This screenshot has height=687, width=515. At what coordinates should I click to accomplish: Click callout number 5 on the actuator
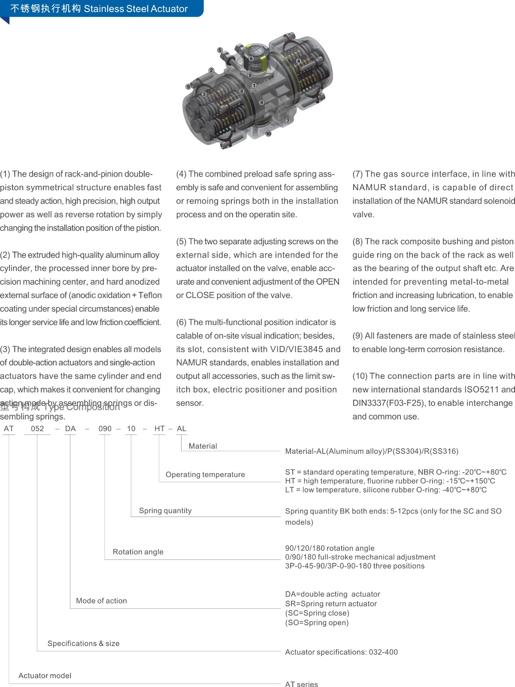coord(220,50)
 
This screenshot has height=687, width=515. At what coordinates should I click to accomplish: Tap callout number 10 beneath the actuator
coord(268,134)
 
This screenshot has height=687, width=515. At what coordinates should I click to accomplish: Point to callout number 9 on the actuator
coord(188,87)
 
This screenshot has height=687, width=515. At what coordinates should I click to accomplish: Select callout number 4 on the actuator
coord(299,61)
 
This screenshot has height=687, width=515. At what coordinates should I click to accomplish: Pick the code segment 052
coord(37,429)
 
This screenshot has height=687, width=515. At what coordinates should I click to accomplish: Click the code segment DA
coord(70,429)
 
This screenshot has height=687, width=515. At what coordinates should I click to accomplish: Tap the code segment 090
coord(105,429)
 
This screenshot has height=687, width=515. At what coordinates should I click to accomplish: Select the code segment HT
coord(160,429)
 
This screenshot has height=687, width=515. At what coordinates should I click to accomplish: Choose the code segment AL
coord(182,429)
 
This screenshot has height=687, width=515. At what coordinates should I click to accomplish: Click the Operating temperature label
coord(205,474)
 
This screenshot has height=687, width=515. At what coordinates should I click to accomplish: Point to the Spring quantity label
coord(165,511)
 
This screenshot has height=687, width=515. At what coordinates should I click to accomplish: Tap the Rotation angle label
coord(138,552)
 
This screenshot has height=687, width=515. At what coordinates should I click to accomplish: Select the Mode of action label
coord(101,601)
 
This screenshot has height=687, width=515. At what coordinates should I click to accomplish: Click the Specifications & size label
coord(83,643)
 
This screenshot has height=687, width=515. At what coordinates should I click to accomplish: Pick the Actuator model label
coord(45,675)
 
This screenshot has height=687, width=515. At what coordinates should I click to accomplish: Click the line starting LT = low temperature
coord(385,490)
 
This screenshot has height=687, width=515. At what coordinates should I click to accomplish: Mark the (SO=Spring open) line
coord(317,623)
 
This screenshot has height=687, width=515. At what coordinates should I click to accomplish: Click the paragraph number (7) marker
coord(357,174)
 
